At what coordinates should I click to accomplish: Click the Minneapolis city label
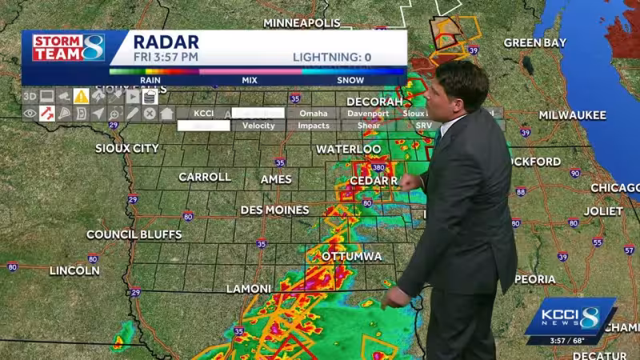[x=302, y=22]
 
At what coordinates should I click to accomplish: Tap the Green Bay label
[x=535, y=42]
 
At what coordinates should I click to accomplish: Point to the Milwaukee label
[x=572, y=115]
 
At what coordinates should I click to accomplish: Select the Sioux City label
[x=127, y=148]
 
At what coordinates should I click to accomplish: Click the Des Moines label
[x=274, y=210]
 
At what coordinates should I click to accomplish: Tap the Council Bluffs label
[x=134, y=234]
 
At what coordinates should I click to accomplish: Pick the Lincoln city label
[x=74, y=270]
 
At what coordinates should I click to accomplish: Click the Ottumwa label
[x=351, y=256]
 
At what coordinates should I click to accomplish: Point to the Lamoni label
[x=248, y=288]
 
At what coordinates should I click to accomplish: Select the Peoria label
[x=535, y=279]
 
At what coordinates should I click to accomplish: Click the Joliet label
[x=603, y=211]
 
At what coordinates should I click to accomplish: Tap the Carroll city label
[x=204, y=177]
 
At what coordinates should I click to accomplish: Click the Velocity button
[x=258, y=126]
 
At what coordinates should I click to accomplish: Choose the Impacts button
[x=314, y=126]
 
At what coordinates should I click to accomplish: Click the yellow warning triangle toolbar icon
[x=81, y=96]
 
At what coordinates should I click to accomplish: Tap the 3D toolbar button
[x=30, y=96]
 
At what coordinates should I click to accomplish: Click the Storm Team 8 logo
[x=68, y=47]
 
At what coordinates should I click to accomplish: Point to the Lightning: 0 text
[x=332, y=57]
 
